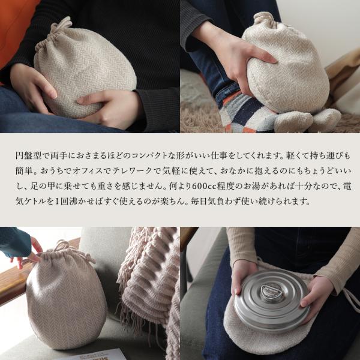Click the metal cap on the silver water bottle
pyautogui.click(x=269, y=291)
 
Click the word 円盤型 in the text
pyautogui.click(x=29, y=155)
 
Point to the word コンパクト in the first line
pyautogui.click(x=145, y=155)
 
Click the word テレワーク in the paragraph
pyautogui.click(x=133, y=170)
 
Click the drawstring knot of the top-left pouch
pyautogui.click(x=60, y=26)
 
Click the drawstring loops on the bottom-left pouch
pyautogui.click(x=69, y=250)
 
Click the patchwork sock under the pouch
pyautogui.click(x=244, y=113)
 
